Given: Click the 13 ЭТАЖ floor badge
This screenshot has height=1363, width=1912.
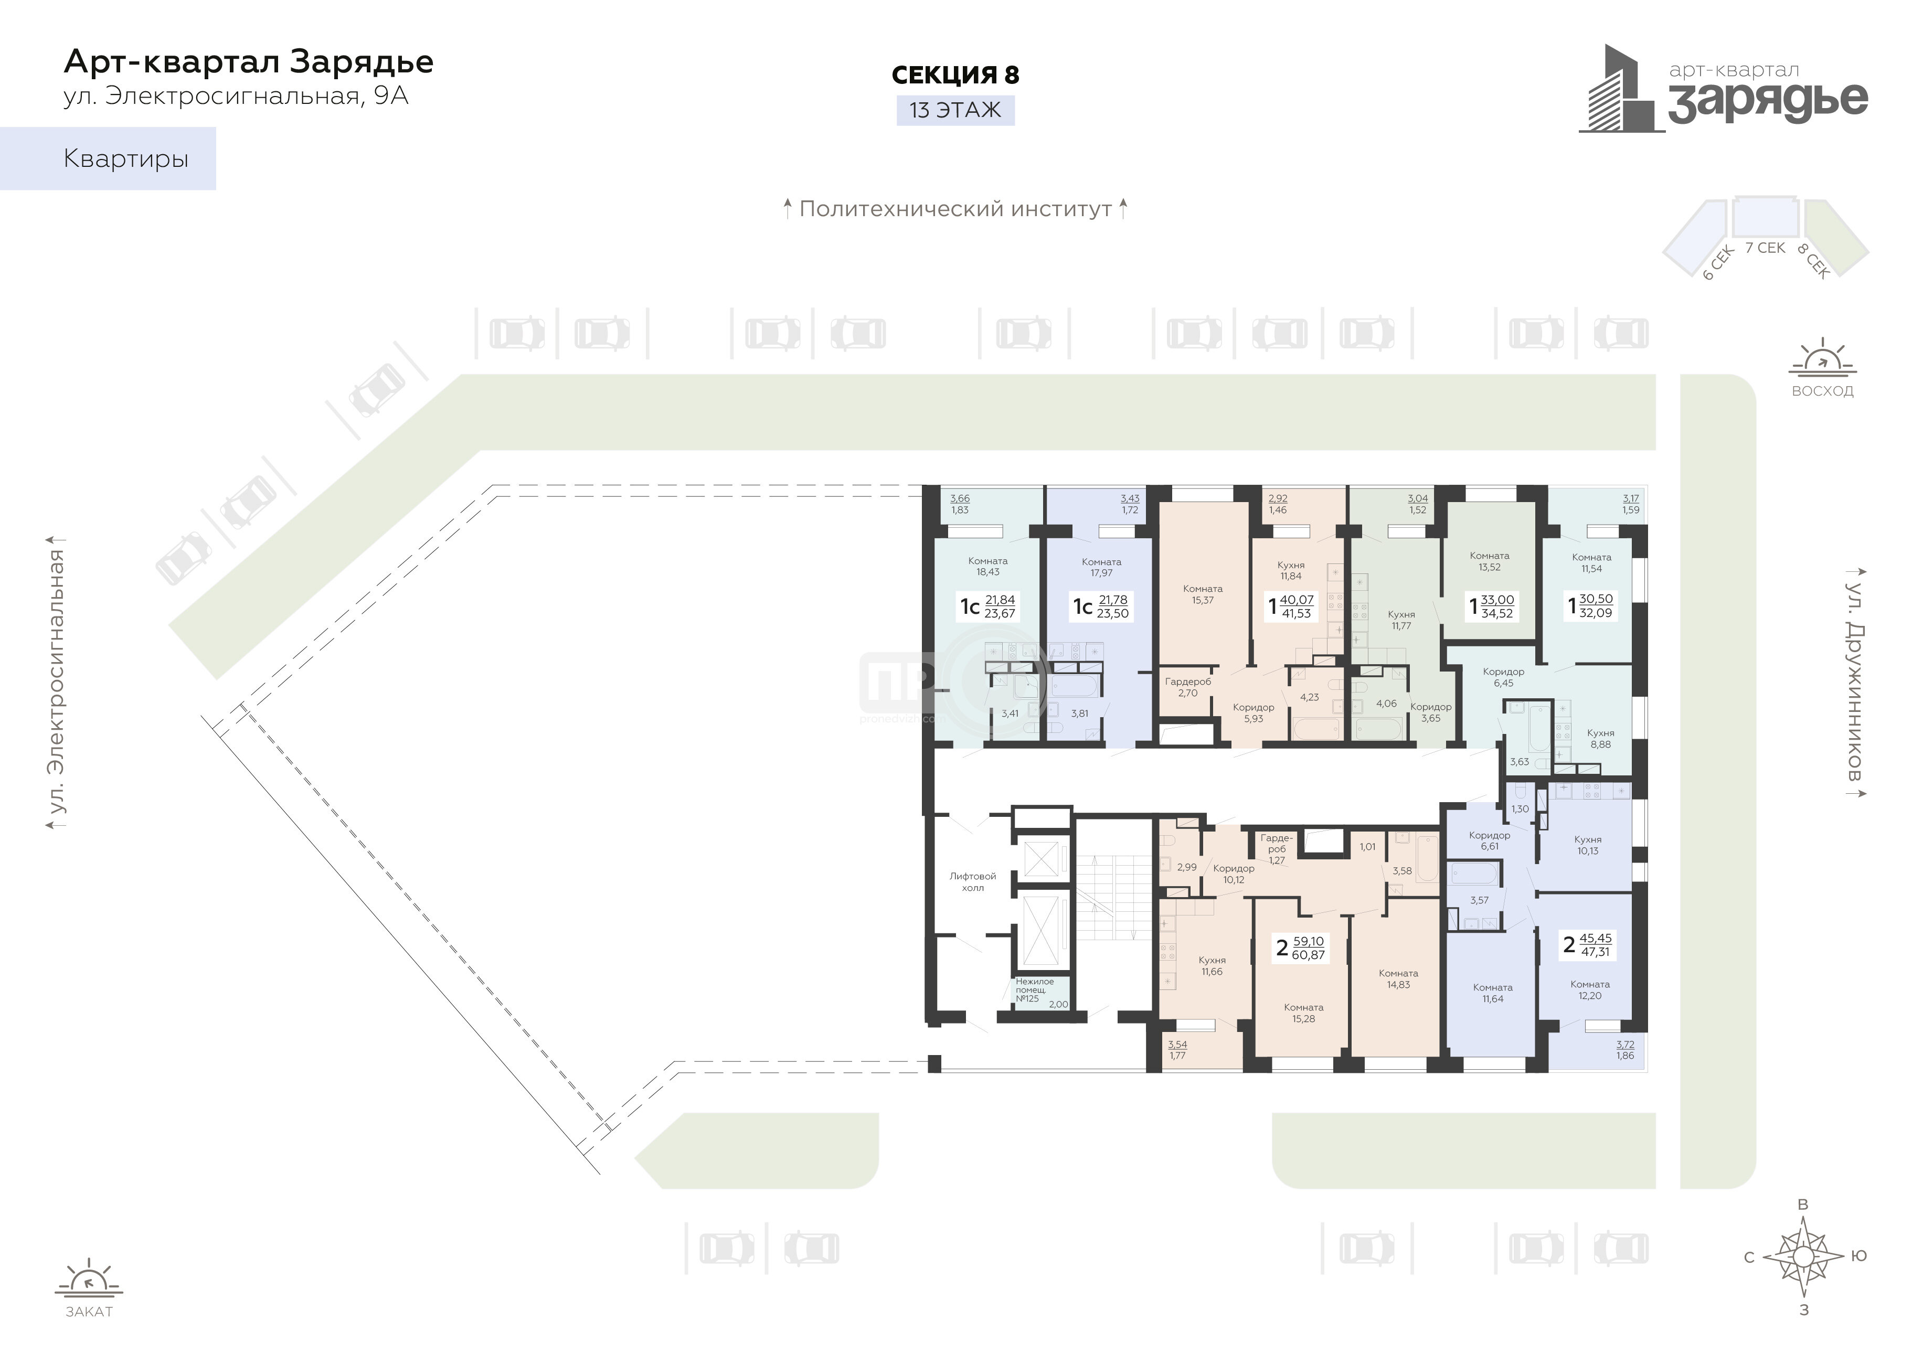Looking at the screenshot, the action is pyautogui.click(x=955, y=110).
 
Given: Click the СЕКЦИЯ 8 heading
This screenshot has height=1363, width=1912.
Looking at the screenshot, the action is pyautogui.click(x=955, y=74).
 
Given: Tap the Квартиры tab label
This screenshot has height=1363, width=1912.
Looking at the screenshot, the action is pyautogui.click(x=126, y=158).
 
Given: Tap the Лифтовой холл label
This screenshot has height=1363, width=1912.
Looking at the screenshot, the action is pyautogui.click(x=973, y=882).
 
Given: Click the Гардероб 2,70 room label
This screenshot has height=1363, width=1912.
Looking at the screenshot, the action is pyautogui.click(x=1188, y=687).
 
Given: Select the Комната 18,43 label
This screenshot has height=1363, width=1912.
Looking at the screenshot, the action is pyautogui.click(x=988, y=567).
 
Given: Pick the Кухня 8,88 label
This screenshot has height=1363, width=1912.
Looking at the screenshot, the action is pyautogui.click(x=1601, y=739).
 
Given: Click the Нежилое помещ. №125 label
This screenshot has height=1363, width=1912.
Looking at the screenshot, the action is pyautogui.click(x=1034, y=991).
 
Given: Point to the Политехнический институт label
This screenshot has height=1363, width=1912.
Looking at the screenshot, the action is pyautogui.click(x=955, y=209).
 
